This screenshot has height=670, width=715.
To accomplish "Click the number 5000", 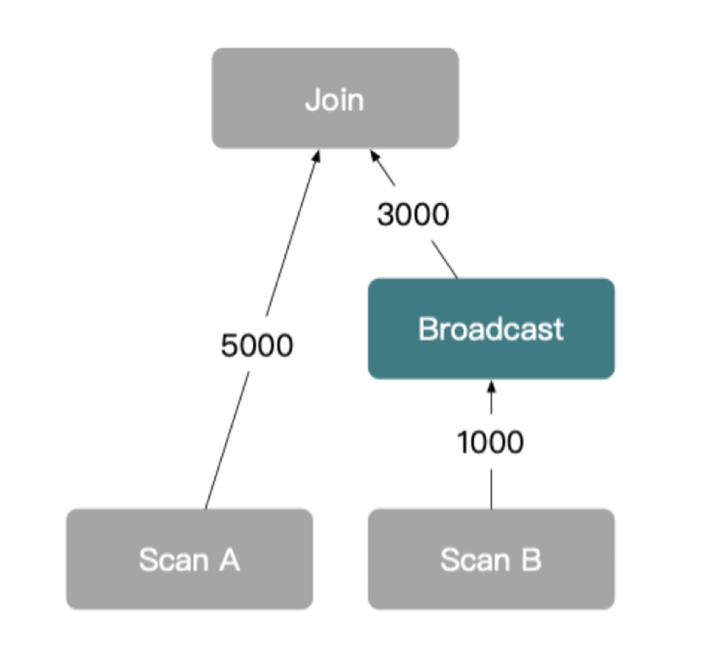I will point(257,345).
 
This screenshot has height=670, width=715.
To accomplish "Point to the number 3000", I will point(413,215).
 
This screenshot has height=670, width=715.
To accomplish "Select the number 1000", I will point(490,442).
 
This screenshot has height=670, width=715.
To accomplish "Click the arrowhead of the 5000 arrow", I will point(317,155).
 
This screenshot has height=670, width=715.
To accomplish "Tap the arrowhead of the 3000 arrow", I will point(374,155).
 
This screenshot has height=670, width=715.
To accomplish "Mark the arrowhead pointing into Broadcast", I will point(491,387).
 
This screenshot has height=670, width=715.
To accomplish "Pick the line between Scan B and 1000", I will point(491,489).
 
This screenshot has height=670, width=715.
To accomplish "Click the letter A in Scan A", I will point(230,560).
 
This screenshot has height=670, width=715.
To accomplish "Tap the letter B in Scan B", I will point(531,560).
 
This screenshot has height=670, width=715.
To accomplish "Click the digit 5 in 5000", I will point(230,345).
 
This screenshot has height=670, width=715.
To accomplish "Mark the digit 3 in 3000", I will point(386,215).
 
